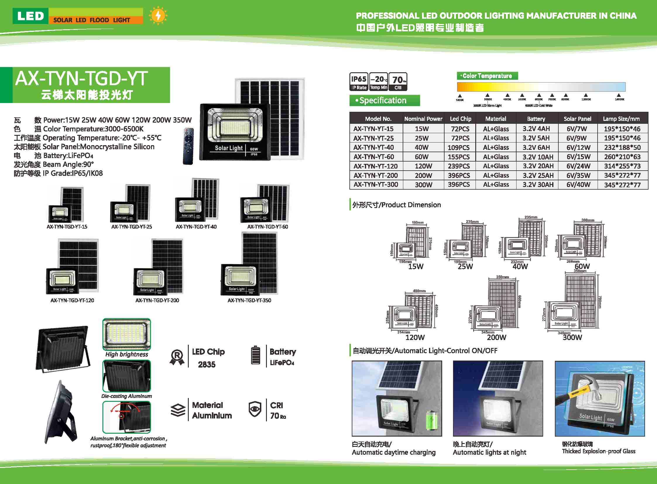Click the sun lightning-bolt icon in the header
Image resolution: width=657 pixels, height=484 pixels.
[x=158, y=16]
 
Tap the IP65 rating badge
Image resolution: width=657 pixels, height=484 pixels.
[x=359, y=82]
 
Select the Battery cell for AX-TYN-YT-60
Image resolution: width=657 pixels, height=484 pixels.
[x=538, y=157]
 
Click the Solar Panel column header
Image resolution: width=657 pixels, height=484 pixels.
[x=577, y=119]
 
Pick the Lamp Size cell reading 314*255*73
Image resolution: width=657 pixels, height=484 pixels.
[x=622, y=166]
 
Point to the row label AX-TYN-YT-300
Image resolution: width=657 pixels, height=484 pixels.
[x=376, y=185]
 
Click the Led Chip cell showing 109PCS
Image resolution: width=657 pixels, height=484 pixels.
[x=459, y=147]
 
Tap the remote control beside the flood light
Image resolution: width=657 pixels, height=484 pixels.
[x=188, y=146]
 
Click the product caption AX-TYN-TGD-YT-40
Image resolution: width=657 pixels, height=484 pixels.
[x=196, y=226]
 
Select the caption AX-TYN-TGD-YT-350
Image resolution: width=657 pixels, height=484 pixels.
[x=249, y=300]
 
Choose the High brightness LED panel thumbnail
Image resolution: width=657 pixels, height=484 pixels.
[x=127, y=334]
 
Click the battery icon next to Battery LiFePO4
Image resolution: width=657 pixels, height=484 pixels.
[x=256, y=355]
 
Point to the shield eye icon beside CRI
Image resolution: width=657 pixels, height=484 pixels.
[x=255, y=409]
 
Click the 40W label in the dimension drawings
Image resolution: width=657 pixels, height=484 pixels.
[x=520, y=266]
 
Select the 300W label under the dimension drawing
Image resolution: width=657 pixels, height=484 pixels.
[x=572, y=337]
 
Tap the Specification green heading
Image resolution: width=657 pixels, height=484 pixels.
[x=385, y=100]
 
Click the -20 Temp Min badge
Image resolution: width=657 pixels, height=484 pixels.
[x=379, y=82]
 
